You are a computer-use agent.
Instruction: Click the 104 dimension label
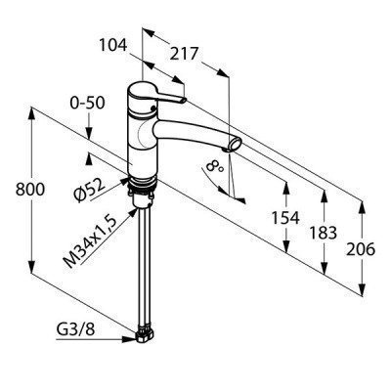(x=113, y=45)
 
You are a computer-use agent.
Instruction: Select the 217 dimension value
(x=184, y=54)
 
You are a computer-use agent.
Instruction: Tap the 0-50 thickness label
(x=87, y=103)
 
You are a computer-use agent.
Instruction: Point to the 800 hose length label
(x=30, y=190)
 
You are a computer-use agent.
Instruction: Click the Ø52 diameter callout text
(x=90, y=191)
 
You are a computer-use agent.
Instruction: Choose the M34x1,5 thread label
(x=90, y=242)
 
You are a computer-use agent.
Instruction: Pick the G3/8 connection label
(x=76, y=330)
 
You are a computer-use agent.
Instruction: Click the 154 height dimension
(x=285, y=218)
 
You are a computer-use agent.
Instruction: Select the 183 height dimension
(x=323, y=233)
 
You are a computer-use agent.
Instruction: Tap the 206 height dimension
(x=361, y=249)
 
